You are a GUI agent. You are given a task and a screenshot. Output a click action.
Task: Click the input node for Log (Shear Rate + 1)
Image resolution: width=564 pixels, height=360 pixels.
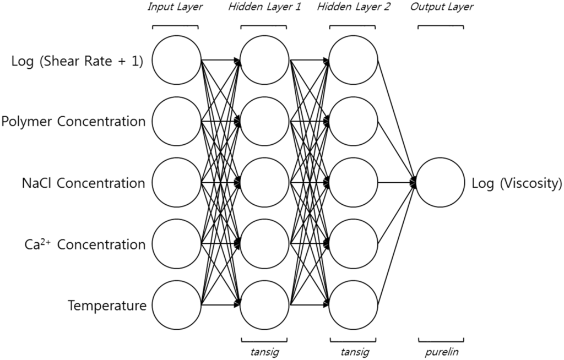176,60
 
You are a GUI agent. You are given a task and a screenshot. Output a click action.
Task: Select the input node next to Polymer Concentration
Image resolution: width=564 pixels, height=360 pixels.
176,121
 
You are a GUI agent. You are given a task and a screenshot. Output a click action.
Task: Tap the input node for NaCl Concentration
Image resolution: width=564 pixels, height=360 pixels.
176,182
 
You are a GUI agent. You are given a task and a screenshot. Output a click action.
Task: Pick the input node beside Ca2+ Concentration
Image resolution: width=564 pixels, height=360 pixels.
176,243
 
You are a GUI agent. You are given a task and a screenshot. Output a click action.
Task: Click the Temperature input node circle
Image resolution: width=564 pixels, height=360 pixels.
176,304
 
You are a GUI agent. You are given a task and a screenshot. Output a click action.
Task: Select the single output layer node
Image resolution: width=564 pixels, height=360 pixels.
441,182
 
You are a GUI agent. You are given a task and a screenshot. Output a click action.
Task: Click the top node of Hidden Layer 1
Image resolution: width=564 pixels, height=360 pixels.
264,60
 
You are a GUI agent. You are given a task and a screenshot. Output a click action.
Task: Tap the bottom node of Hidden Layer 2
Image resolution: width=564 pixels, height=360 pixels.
353,304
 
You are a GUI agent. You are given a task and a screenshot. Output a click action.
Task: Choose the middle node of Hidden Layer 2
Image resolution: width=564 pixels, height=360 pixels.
353,182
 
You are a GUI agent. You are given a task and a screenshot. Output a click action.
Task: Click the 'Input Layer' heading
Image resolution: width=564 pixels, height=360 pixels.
175,7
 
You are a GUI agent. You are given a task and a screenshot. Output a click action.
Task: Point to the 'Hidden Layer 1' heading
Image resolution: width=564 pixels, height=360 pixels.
264,7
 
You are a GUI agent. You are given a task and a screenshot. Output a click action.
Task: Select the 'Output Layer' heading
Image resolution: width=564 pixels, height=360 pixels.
441,7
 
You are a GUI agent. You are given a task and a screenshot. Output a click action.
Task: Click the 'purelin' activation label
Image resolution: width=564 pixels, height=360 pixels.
441,351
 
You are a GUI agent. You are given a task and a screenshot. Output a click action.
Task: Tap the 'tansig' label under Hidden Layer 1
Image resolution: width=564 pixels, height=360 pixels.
264,351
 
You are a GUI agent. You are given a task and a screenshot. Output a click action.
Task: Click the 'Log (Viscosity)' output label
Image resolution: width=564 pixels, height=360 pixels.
517,183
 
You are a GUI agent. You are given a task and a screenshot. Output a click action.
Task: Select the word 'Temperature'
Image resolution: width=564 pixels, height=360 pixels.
107,306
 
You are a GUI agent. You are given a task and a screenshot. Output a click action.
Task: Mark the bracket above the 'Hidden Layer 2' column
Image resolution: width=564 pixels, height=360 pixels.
353,26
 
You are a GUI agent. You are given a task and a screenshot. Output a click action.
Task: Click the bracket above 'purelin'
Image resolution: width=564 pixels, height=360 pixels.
441,340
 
